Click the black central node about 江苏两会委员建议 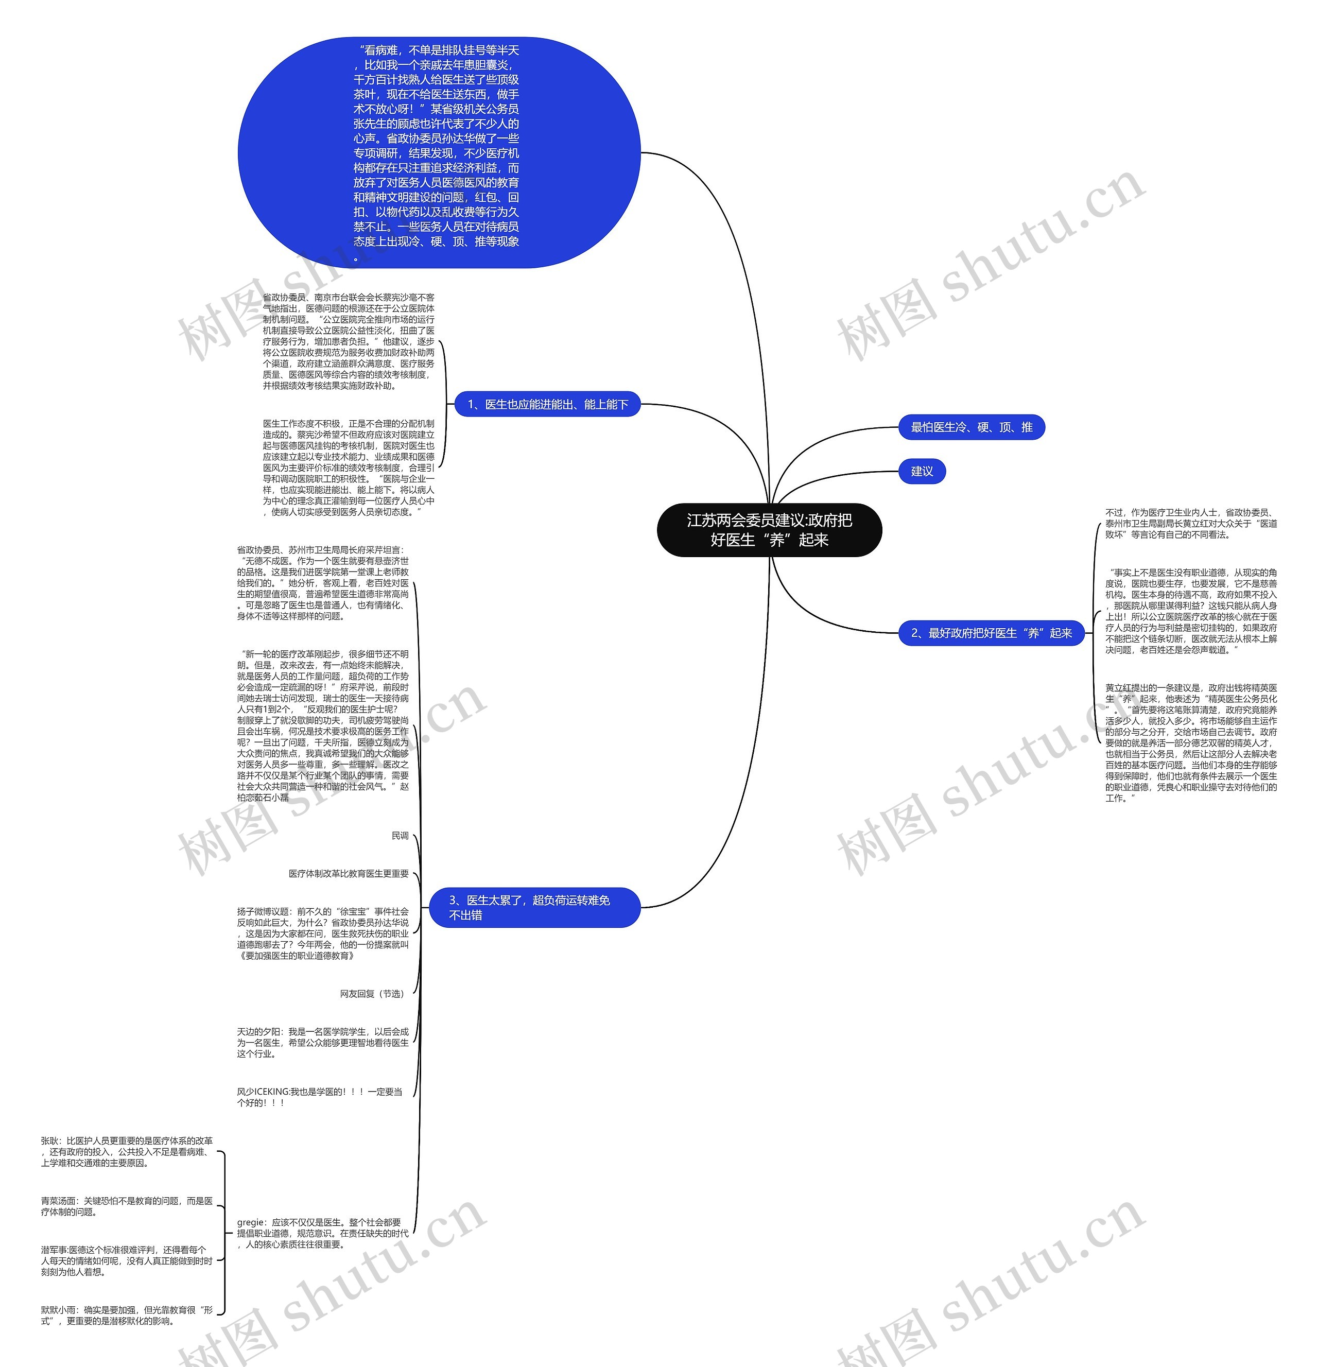pos(769,530)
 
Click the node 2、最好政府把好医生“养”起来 pos(991,633)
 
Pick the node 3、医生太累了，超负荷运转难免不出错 pos(533,907)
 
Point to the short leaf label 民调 pos(400,836)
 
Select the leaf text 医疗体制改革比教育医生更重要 pos(349,873)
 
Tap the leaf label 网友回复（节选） pos(372,994)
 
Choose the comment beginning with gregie pos(322,1233)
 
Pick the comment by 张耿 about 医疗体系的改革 pos(126,1151)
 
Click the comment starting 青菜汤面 pos(126,1206)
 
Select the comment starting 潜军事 pos(126,1260)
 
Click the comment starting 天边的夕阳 pos(322,1042)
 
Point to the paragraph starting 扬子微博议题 pos(322,933)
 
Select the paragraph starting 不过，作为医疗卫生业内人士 pos(1190,523)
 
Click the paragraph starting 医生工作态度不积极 pos(348,468)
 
